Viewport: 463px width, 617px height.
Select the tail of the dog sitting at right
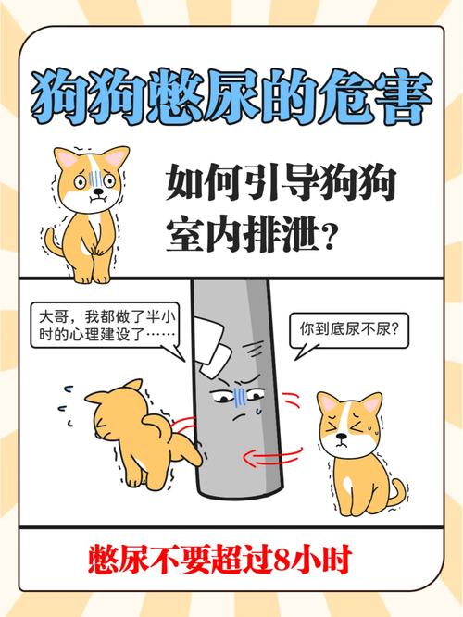click(396, 491)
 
